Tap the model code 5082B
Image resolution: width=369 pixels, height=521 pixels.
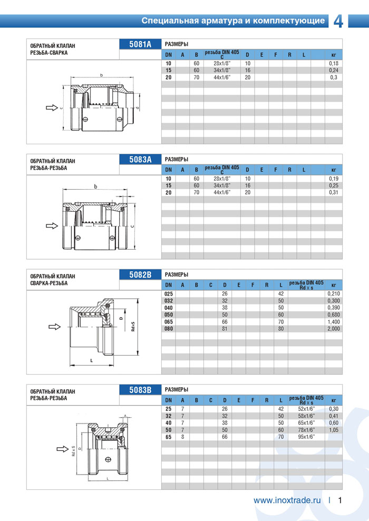pos(140,274)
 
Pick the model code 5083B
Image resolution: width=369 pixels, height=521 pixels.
pos(140,389)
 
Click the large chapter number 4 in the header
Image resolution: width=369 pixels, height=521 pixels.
pos(338,21)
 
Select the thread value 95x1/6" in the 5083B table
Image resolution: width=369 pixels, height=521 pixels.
pos(306,436)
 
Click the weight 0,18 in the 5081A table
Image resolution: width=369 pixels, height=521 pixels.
pos(333,63)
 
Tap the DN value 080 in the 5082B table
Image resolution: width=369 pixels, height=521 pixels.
pos(169,328)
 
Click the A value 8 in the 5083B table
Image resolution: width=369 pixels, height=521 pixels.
pos(182,436)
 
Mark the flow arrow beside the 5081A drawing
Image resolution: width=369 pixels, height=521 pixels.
pos(51,108)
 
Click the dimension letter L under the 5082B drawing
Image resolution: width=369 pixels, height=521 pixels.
pos(92,360)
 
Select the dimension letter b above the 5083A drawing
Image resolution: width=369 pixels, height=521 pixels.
pos(95,186)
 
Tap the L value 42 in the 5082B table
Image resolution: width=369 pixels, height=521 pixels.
pos(281,293)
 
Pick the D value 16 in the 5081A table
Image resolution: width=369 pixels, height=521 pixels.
pos(247,70)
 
